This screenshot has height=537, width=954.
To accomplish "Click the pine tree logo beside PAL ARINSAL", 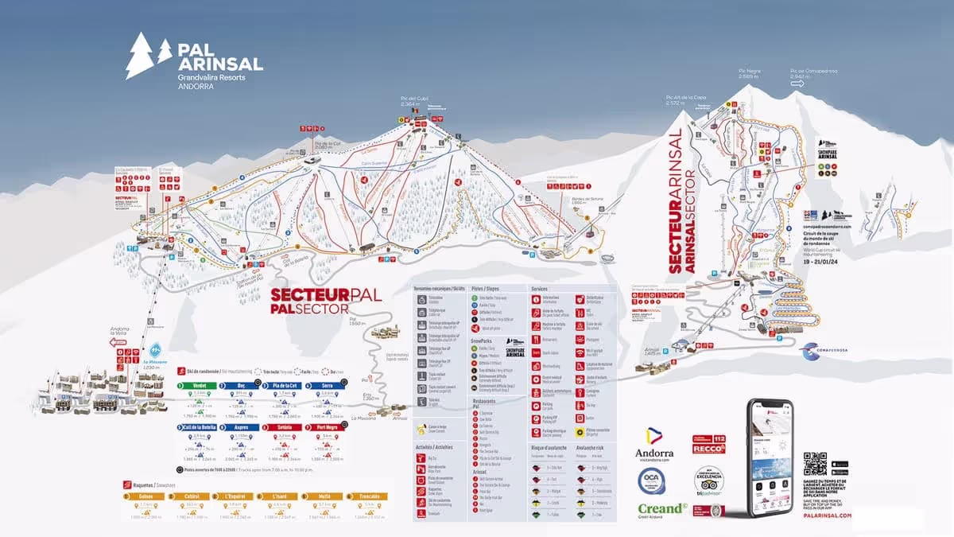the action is [148, 55].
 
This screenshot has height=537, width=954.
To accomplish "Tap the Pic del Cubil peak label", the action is [409, 102].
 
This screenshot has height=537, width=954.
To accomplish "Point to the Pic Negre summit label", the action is [750, 73].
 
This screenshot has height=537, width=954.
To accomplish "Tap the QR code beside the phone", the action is [815, 464].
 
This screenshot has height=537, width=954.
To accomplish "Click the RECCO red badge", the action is [709, 446].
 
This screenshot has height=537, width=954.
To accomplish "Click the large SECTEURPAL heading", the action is [326, 294].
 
